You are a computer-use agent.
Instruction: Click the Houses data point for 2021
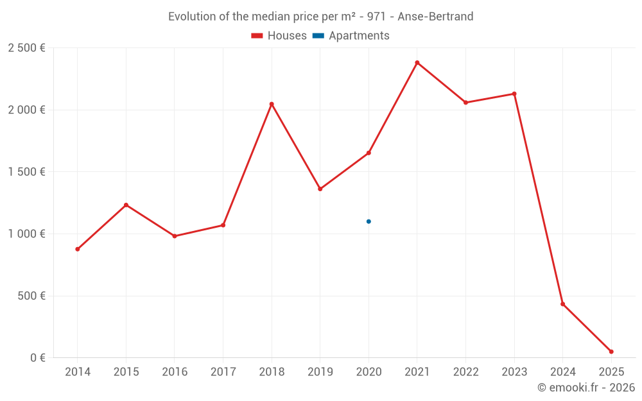pyautogui.click(x=417, y=63)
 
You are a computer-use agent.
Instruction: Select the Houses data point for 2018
pyautogui.click(x=272, y=104)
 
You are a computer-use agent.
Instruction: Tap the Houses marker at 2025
pyautogui.click(x=611, y=352)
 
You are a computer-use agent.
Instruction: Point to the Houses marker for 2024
pyautogui.click(x=562, y=304)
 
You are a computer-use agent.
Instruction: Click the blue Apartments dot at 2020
pyautogui.click(x=369, y=221)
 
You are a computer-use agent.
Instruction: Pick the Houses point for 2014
pyautogui.click(x=78, y=249)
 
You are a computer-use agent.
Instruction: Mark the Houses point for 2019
pyautogui.click(x=320, y=189)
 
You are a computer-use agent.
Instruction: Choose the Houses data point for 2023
pyautogui.click(x=514, y=94)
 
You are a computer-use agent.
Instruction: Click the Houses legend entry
pyautogui.click(x=279, y=36)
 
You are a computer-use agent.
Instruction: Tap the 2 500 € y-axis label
pyautogui.click(x=26, y=48)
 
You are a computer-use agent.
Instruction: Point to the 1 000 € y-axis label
pyautogui.click(x=26, y=234)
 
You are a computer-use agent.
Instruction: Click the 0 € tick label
pyautogui.click(x=36, y=358)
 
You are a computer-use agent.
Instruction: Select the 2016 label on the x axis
pyautogui.click(x=175, y=372)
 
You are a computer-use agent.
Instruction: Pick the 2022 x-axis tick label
pyautogui.click(x=465, y=372)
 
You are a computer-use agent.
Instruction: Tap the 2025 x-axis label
pyautogui.click(x=611, y=372)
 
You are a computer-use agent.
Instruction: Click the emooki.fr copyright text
pyautogui.click(x=586, y=388)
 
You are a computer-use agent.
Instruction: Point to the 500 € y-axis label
pyautogui.click(x=30, y=296)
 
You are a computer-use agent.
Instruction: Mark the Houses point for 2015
pyautogui.click(x=126, y=205)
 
